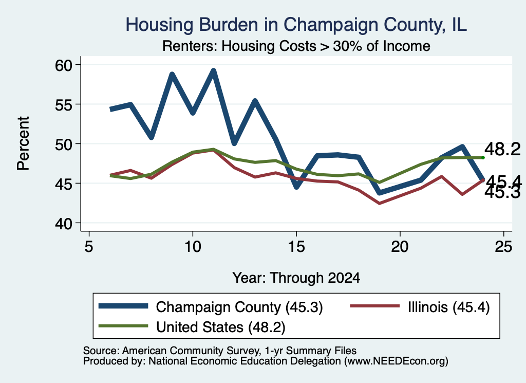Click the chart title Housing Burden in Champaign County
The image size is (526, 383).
[x=296, y=25]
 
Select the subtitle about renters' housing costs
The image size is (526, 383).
[x=296, y=46]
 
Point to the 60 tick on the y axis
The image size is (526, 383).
[x=64, y=65]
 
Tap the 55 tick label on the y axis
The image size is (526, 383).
[x=64, y=104]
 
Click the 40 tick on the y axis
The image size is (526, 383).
[x=64, y=223]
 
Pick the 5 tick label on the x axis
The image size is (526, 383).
[x=88, y=247]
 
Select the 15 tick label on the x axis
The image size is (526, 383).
[x=296, y=247]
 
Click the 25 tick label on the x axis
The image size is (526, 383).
[x=503, y=247]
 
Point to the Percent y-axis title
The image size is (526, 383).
[x=23, y=143]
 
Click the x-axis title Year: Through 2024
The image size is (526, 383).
[x=296, y=278]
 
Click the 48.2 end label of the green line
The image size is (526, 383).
[x=502, y=149]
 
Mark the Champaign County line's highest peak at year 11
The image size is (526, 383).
[x=213, y=71]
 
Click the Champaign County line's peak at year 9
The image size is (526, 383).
[x=172, y=75]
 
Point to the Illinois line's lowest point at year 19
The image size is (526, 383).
[x=380, y=203]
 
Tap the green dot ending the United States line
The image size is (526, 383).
[x=483, y=157]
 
